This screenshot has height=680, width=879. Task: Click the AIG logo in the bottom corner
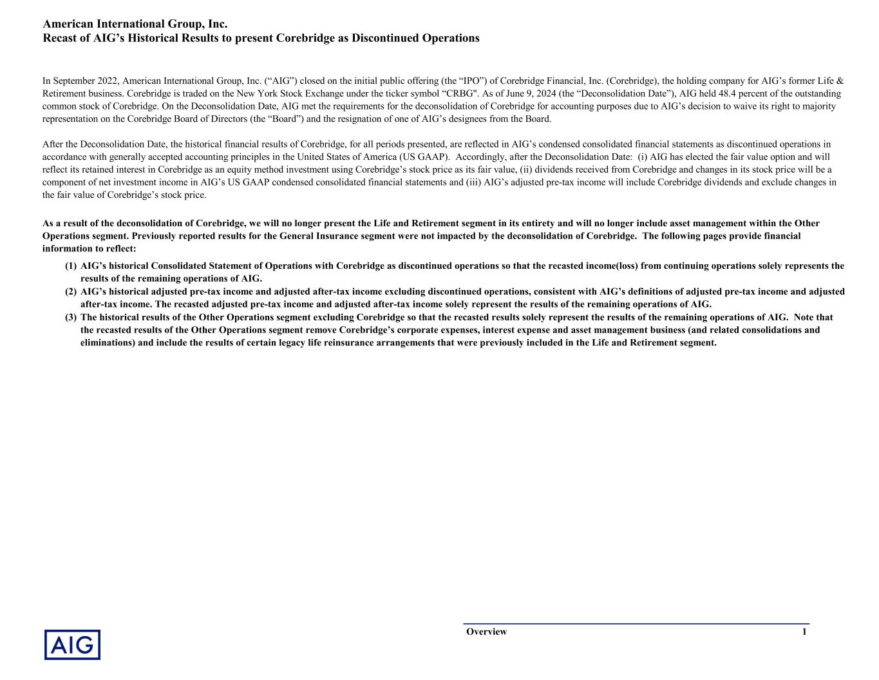pos(72,645)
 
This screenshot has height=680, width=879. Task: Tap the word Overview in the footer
pos(486,632)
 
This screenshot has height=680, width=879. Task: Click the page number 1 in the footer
pos(804,632)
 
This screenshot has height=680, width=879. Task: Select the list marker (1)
pos(71,266)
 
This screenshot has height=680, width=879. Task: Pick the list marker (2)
pos(71,292)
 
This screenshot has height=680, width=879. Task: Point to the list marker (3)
pos(71,318)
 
